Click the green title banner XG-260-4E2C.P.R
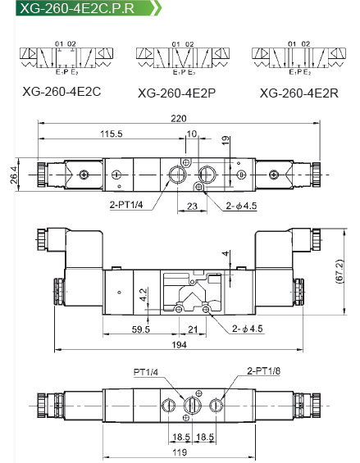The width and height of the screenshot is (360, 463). tap(88, 7)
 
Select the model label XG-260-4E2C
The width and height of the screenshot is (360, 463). tap(62, 92)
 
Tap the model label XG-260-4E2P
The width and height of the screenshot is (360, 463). tap(177, 93)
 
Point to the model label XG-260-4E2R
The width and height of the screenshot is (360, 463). tap(299, 93)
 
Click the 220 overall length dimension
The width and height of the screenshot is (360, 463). tap(179, 118)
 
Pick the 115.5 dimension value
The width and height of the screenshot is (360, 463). tap(112, 134)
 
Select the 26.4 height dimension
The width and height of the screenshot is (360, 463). tap(14, 175)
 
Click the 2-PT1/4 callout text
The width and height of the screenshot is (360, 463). tap(126, 205)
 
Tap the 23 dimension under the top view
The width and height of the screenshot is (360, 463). tap(192, 206)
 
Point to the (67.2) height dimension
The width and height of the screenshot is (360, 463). tap(339, 272)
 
